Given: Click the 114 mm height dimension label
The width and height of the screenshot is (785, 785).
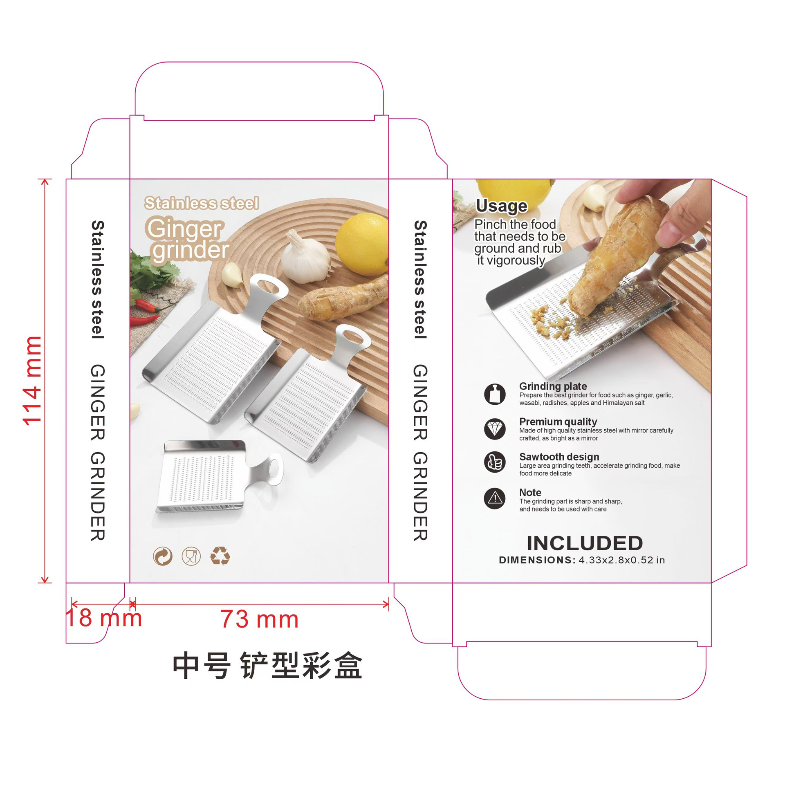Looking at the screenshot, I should pyautogui.click(x=33, y=381).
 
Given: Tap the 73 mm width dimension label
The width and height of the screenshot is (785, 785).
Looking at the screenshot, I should pyautogui.click(x=259, y=619).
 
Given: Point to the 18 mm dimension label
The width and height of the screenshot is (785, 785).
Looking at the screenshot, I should pyautogui.click(x=103, y=617).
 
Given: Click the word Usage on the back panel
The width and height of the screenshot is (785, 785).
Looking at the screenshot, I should pyautogui.click(x=501, y=206).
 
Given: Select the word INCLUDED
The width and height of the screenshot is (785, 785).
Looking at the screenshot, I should pyautogui.click(x=585, y=543).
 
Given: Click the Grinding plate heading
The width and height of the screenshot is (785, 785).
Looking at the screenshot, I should pyautogui.click(x=553, y=386).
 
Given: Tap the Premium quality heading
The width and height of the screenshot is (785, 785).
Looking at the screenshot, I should pyautogui.click(x=558, y=421).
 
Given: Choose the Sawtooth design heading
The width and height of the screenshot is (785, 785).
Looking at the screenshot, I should pyautogui.click(x=559, y=457).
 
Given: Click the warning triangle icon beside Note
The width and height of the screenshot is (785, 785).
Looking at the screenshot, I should pyautogui.click(x=495, y=498).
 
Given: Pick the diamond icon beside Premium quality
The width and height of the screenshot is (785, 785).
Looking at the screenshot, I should pyautogui.click(x=495, y=428).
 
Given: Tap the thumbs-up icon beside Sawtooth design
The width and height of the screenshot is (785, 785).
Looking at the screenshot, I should pyautogui.click(x=495, y=462).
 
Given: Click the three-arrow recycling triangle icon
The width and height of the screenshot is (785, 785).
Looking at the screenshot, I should pyautogui.click(x=220, y=556).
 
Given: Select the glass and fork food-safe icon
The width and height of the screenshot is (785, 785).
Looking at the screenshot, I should pyautogui.click(x=191, y=556).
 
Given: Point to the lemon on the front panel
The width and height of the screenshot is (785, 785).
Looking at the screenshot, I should pyautogui.click(x=362, y=244).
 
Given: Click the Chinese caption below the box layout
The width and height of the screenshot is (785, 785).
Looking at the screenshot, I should pyautogui.click(x=267, y=666).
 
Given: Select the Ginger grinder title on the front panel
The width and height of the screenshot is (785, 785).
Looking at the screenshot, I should pyautogui.click(x=187, y=239).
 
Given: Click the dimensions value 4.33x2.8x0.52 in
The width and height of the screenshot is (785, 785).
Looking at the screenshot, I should pyautogui.click(x=621, y=560).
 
